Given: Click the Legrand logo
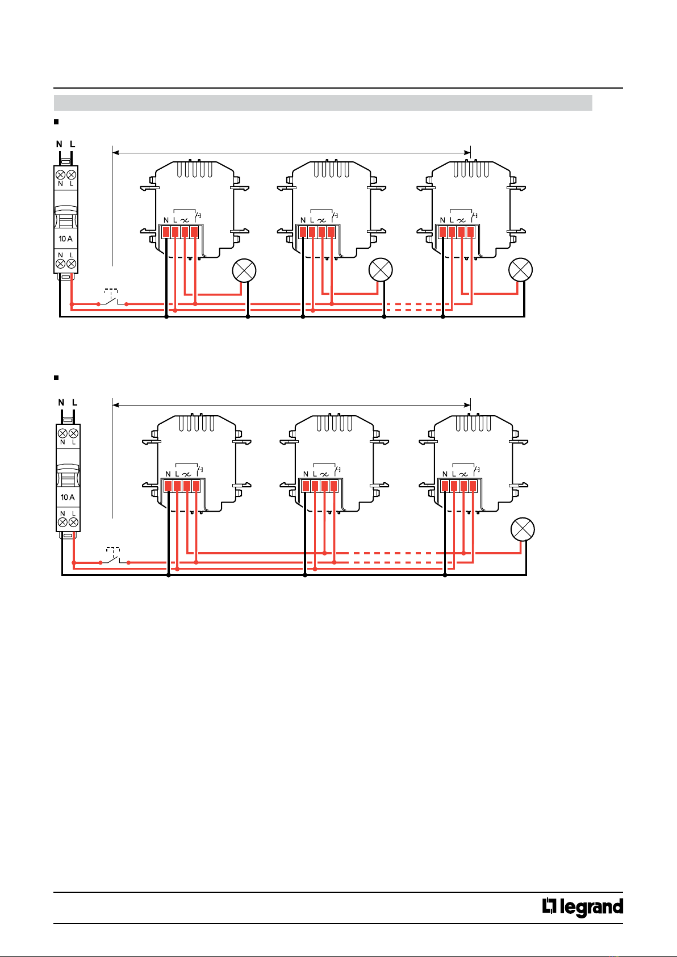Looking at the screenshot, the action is tap(583, 907).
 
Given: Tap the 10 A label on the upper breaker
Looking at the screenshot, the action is tap(65, 239).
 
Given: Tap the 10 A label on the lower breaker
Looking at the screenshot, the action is tap(68, 498).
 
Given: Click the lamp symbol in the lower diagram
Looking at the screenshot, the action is tap(523, 529).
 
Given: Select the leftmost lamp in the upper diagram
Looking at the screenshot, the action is tap(244, 270).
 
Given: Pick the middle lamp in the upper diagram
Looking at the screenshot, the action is tap(381, 270).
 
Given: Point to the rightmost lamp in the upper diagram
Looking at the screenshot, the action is tap(521, 270).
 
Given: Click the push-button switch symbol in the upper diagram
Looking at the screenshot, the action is tap(112, 298).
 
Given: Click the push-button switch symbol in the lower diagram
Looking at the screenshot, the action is tap(114, 555).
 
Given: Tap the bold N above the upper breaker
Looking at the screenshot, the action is tap(59, 144).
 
